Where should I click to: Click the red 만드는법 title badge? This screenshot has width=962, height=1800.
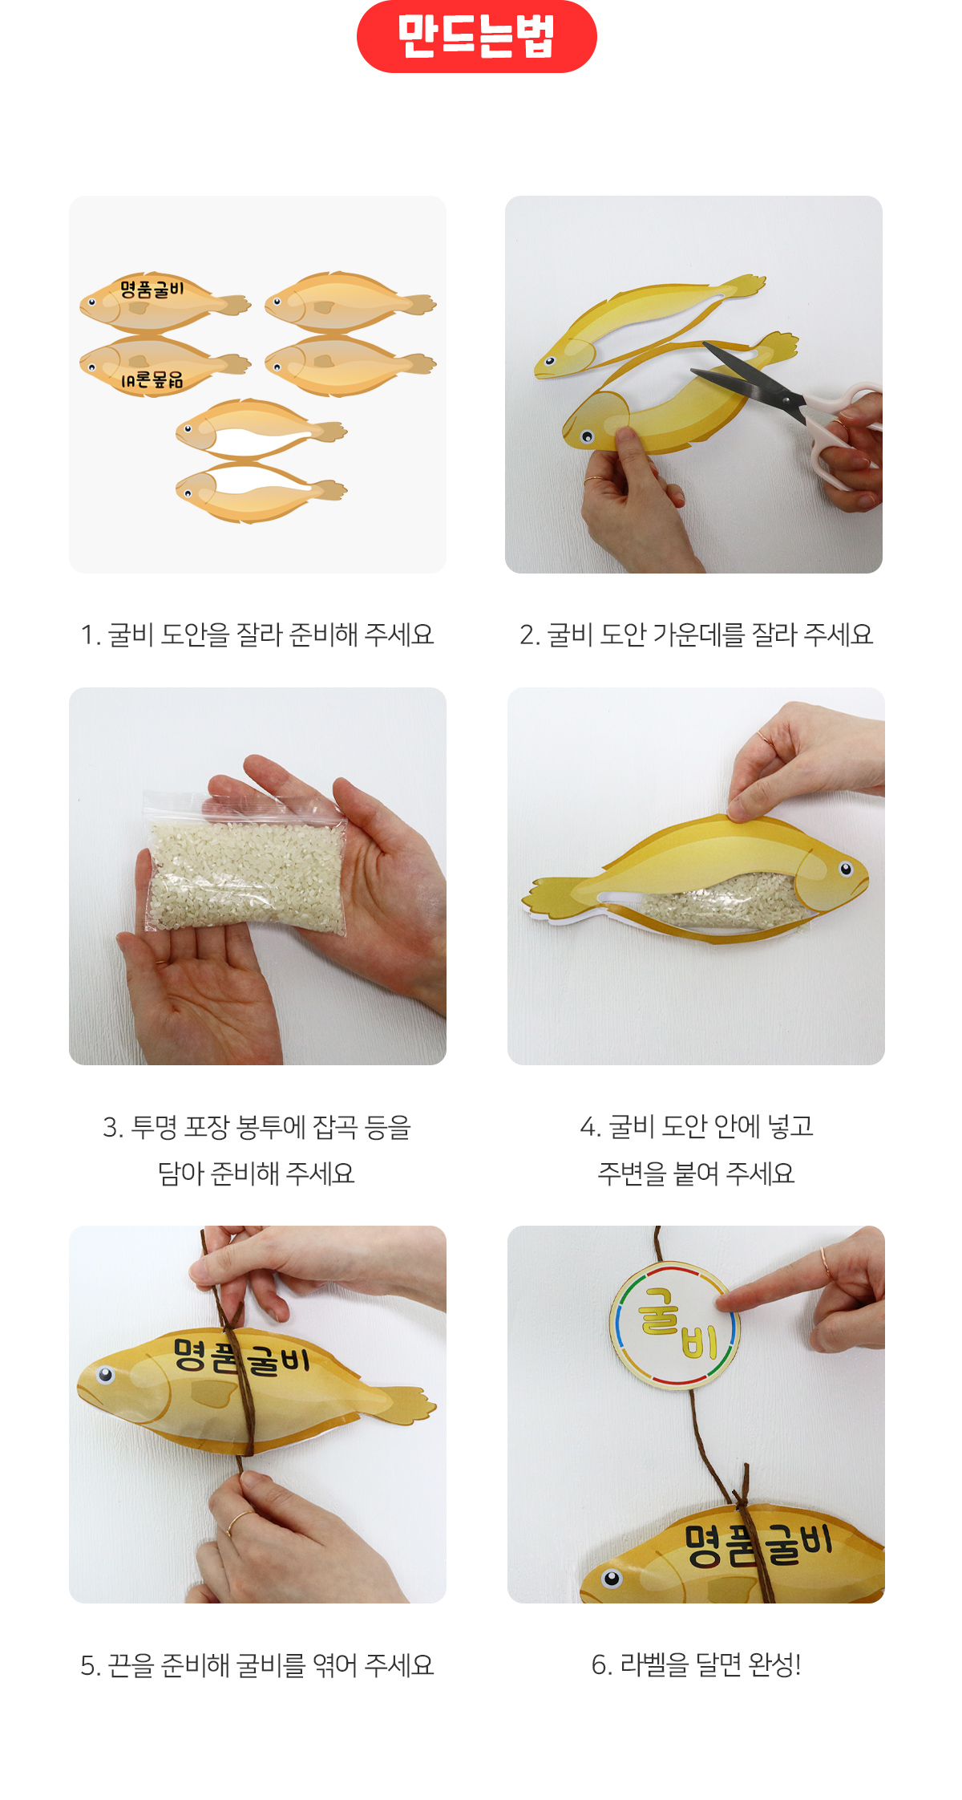476,36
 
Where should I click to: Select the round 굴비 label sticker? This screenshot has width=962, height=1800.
674,1324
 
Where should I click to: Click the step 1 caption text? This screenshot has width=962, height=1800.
257,634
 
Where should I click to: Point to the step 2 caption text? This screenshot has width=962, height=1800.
696,634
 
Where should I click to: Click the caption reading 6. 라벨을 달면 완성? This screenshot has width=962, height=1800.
696,1664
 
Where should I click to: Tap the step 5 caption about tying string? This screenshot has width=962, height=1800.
257,1665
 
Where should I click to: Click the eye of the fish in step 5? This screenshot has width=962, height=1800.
105,1376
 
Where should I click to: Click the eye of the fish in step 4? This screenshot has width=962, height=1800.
846,869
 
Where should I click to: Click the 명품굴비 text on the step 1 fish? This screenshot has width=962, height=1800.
152,289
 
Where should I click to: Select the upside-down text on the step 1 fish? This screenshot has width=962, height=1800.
152,379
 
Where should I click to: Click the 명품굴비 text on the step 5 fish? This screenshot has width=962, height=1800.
241,1356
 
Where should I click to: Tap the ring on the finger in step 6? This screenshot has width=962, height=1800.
825,1265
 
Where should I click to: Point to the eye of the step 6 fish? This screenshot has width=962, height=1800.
612,1579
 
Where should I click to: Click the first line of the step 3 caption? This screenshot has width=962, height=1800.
257,1127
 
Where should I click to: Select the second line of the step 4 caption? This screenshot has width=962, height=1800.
696,1174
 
